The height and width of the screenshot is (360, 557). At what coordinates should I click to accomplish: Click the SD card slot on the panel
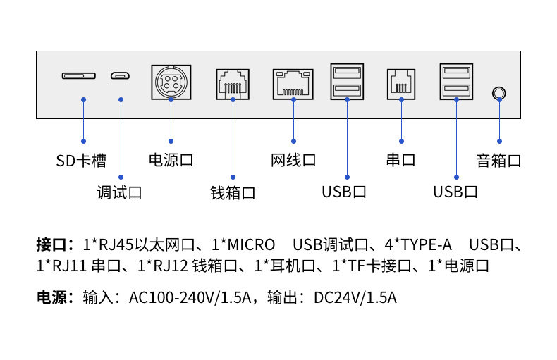[x=78, y=75]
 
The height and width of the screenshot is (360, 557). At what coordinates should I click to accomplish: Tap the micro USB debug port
[x=118, y=75]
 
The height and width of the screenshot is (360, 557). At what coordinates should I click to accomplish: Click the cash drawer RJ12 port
[x=232, y=85]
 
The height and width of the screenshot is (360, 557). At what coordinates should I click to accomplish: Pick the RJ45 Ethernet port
[x=293, y=84]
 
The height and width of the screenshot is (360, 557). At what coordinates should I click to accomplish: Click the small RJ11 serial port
[x=401, y=85]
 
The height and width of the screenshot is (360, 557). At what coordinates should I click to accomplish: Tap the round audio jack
[x=499, y=93]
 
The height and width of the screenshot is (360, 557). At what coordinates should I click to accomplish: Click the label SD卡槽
[x=81, y=161]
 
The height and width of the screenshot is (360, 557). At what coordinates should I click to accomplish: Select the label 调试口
[x=119, y=192]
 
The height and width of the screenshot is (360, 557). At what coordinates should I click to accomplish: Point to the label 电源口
[x=171, y=161]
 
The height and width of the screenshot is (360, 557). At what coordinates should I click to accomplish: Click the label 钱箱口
[x=233, y=192]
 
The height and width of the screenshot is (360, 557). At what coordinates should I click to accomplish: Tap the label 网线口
[x=293, y=161]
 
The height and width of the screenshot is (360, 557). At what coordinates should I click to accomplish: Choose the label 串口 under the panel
[x=400, y=161]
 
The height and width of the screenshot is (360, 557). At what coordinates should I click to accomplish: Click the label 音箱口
[x=498, y=161]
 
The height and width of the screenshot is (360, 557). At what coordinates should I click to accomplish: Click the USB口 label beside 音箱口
[x=455, y=192]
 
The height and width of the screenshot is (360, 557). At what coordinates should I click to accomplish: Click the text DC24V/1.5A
[x=355, y=297]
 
